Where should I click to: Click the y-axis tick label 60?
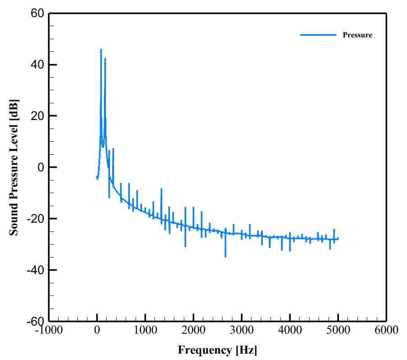tap(37, 14)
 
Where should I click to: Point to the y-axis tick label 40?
tap(37, 65)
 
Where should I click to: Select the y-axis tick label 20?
tap(37, 116)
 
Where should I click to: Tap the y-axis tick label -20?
tap(35, 219)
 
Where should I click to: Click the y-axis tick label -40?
tap(35, 270)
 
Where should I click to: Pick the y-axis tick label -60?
tap(35, 321)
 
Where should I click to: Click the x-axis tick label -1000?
tap(49, 330)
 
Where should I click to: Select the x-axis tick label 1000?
tap(145, 330)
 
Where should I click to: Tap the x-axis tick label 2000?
tap(193, 330)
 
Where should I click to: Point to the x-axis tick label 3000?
tap(242, 330)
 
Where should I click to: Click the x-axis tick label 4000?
tap(290, 330)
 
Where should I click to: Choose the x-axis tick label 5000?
tap(338, 330)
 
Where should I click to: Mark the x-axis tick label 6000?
tap(386, 330)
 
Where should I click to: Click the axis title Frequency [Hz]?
tap(218, 350)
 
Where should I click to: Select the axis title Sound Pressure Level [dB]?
tap(14, 167)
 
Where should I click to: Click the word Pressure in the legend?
tap(357, 35)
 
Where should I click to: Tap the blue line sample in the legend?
tap(318, 35)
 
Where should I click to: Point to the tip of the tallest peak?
tap(101, 50)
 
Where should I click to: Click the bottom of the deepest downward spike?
tap(225, 257)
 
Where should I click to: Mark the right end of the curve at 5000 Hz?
tap(338, 238)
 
